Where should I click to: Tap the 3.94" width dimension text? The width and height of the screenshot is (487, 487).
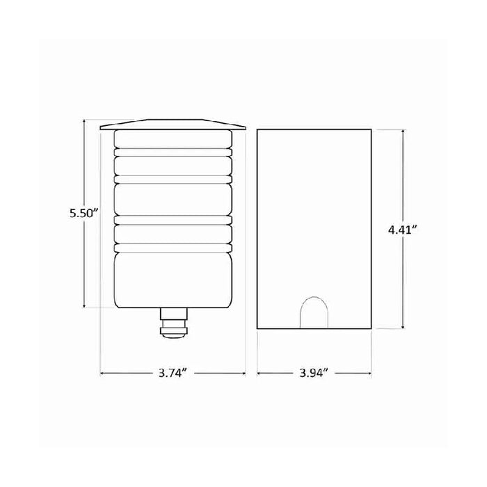coord(314,374)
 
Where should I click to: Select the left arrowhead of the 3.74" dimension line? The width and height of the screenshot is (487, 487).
coord(103,374)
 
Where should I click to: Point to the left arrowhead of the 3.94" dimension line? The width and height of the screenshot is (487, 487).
coord(260,374)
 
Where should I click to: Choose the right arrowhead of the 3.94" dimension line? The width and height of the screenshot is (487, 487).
coord(369,374)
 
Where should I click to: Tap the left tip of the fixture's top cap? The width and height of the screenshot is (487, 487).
coord(100,128)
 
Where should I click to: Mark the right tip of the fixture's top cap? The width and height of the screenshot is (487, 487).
coord(248,128)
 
